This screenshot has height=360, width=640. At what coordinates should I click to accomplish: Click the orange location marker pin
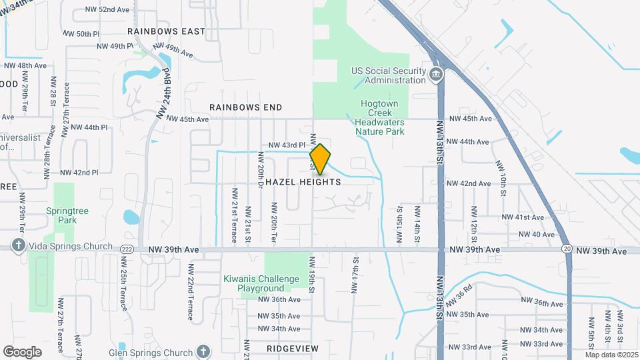coord(320,159)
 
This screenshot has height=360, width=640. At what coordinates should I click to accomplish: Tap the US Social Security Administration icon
coord(437,74)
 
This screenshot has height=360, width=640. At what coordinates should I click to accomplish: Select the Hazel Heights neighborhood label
coord(303,182)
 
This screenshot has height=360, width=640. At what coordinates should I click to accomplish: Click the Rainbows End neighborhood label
coord(245,107)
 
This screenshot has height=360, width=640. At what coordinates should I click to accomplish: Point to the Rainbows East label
coord(167,31)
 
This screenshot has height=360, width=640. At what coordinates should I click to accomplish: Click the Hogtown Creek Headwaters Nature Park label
coord(379,117)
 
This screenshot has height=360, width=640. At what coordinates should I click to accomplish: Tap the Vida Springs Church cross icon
coord(18,245)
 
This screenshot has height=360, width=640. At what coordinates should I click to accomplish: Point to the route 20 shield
coord(566,249)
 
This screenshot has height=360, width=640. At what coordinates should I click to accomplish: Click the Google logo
coord(23,351)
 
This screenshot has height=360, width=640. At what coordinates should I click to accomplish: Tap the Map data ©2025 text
coord(611,355)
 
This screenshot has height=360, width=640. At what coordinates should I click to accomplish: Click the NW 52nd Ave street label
coord(108,10)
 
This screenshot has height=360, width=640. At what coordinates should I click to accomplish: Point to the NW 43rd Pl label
coord(287,145)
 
